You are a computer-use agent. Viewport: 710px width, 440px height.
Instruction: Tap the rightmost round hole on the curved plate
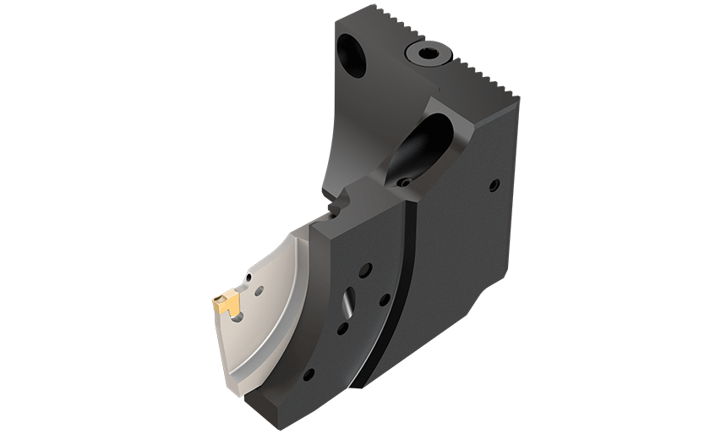384,299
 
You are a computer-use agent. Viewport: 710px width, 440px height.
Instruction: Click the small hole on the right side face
493,185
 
